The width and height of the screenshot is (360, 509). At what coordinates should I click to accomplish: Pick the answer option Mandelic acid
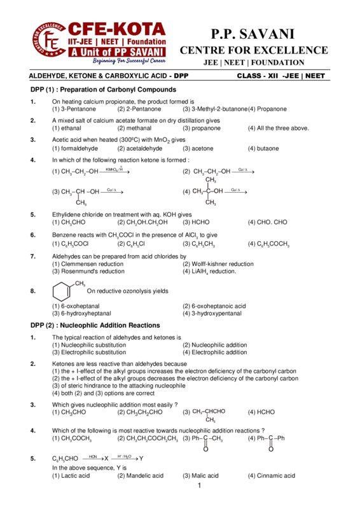[141, 475]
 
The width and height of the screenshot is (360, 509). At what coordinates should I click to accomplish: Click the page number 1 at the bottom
[199, 487]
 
